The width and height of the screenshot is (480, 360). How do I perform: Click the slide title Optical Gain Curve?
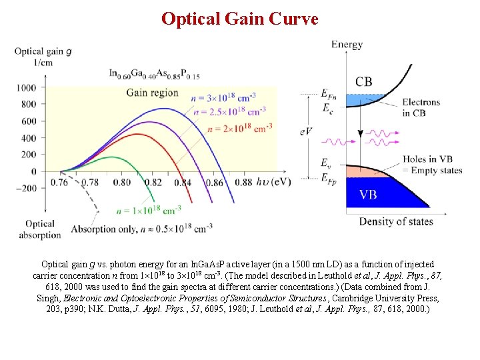(x=240, y=19)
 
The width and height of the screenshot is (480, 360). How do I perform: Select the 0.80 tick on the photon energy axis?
(x=122, y=182)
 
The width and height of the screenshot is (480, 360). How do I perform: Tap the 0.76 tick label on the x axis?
(x=60, y=182)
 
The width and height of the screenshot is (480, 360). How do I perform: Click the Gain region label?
(x=152, y=92)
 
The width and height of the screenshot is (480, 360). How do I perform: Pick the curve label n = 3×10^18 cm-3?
(x=223, y=98)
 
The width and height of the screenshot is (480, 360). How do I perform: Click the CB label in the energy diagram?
(x=364, y=82)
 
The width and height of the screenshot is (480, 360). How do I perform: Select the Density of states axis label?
(x=396, y=221)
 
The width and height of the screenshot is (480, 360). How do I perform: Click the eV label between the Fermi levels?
(x=306, y=132)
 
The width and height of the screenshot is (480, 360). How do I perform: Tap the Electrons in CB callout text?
(x=421, y=107)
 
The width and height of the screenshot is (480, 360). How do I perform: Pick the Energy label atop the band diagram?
(x=347, y=45)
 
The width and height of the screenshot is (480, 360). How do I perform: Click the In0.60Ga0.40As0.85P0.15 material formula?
(x=155, y=75)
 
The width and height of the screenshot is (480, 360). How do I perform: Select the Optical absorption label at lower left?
(x=40, y=229)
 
